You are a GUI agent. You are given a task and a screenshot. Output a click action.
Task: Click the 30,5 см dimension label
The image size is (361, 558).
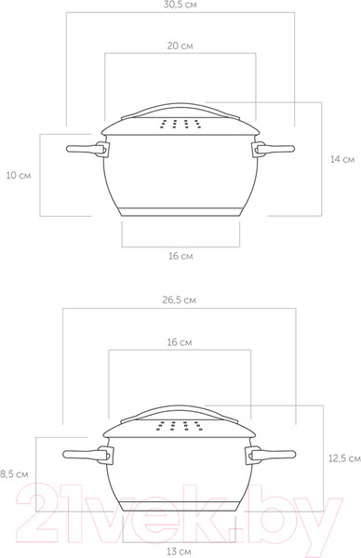click(x=180, y=5)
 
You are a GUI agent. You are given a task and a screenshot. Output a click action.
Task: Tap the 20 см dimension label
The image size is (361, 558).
click(x=180, y=46)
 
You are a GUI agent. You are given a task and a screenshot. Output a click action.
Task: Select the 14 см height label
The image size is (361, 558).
click(x=342, y=159)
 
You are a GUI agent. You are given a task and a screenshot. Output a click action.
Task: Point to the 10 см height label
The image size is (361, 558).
click(x=19, y=175)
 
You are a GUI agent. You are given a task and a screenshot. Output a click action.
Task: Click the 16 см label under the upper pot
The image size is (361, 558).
click(x=180, y=256)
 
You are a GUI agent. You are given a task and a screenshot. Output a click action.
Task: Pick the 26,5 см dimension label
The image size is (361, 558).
click(x=179, y=300)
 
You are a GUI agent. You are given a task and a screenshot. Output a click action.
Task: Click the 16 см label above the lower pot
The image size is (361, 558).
click(x=180, y=342)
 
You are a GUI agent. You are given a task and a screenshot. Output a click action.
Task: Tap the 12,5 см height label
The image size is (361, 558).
click(x=344, y=458)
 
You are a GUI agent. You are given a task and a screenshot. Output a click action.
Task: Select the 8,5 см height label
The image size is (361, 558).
click(x=14, y=474)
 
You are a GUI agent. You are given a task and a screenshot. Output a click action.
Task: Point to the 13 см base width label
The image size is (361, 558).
click(x=179, y=551)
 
